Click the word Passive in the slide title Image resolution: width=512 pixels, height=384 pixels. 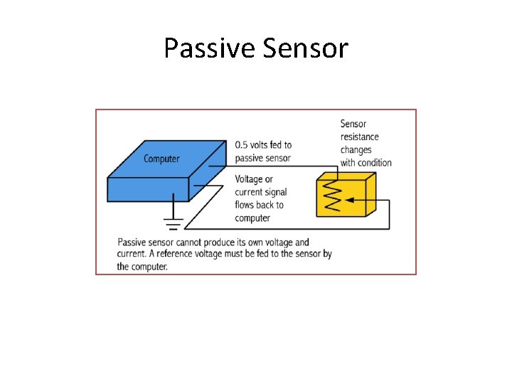pos(207,48)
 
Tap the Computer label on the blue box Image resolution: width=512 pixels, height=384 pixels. pos(161,159)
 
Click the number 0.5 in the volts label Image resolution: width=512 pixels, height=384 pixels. pos(242,145)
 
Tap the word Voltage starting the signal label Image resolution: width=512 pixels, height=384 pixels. pos(250,179)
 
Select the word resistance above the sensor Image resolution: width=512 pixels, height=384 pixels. pos(359,137)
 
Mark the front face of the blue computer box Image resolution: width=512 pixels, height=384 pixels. pos(148,190)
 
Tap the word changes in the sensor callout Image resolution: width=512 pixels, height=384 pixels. pos(356,149)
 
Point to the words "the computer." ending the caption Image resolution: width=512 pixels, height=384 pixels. pos(142,267)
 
